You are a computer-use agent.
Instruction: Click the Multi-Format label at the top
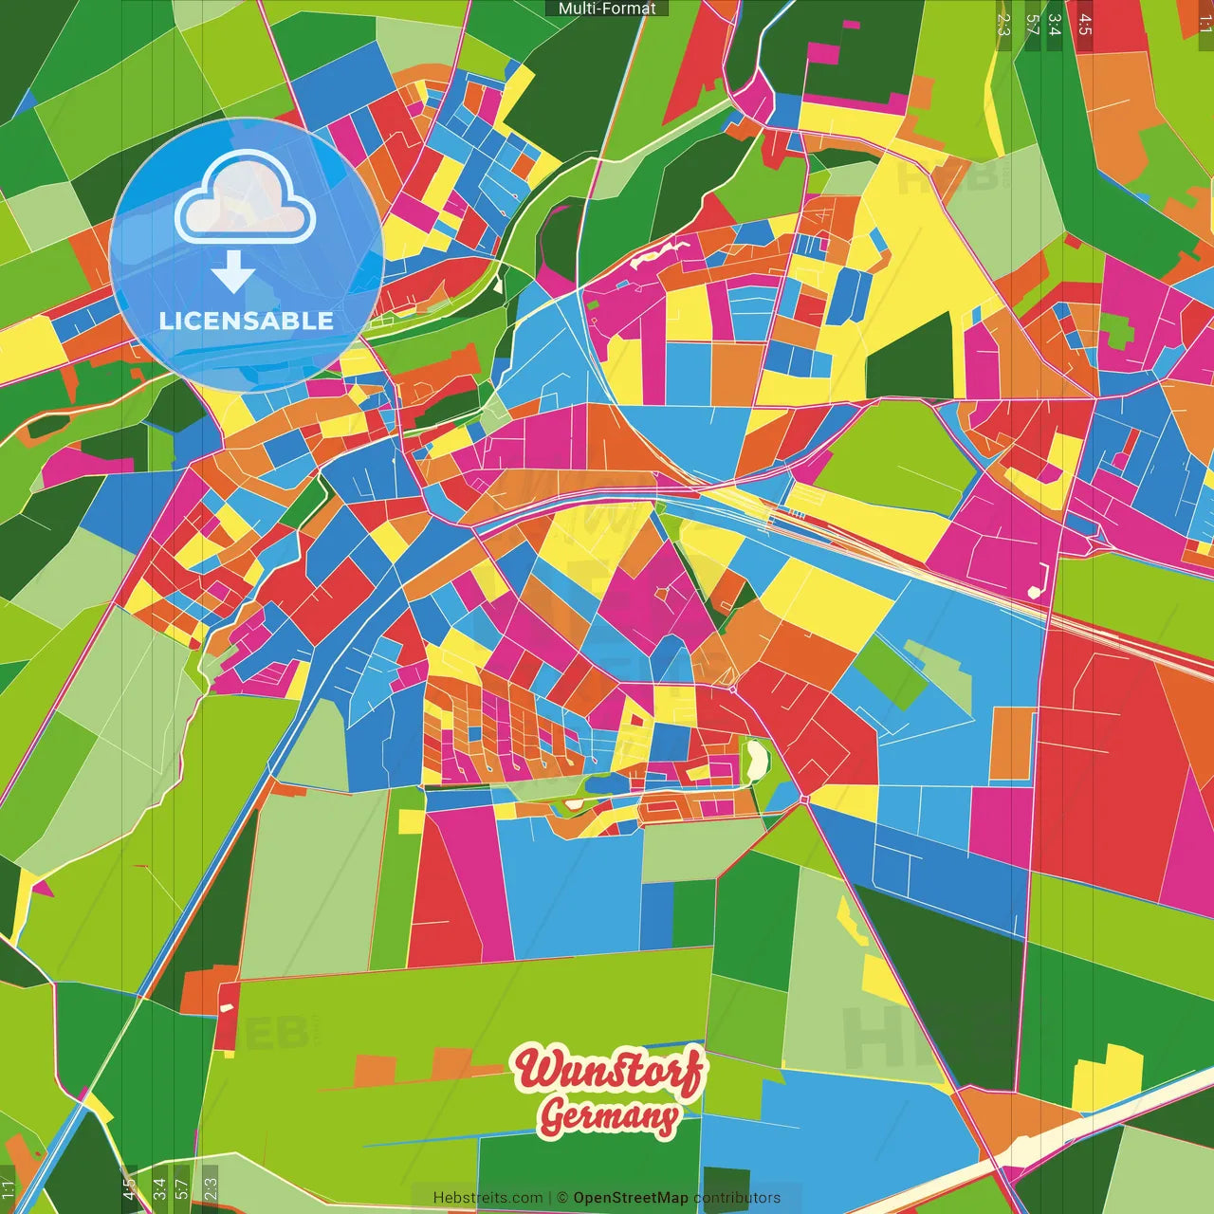point(607,9)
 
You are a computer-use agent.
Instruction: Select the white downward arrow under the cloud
point(233,272)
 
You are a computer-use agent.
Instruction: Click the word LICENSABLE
point(247,321)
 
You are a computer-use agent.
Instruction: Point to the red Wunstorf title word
point(609,1070)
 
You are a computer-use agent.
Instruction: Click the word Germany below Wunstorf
point(609,1116)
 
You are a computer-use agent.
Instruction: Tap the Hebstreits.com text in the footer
point(487,1198)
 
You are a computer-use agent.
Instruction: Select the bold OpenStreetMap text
point(630,1198)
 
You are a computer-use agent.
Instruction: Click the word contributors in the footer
point(737,1198)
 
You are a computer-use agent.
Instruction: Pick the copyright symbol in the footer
point(562,1198)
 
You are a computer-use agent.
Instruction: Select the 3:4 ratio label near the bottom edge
point(159,1186)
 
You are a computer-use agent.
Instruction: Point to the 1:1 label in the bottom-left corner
point(8,1188)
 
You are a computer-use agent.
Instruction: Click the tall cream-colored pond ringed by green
point(756,762)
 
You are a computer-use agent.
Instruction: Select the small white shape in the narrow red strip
point(227,1009)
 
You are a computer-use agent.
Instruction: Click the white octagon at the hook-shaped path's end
point(1033,593)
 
